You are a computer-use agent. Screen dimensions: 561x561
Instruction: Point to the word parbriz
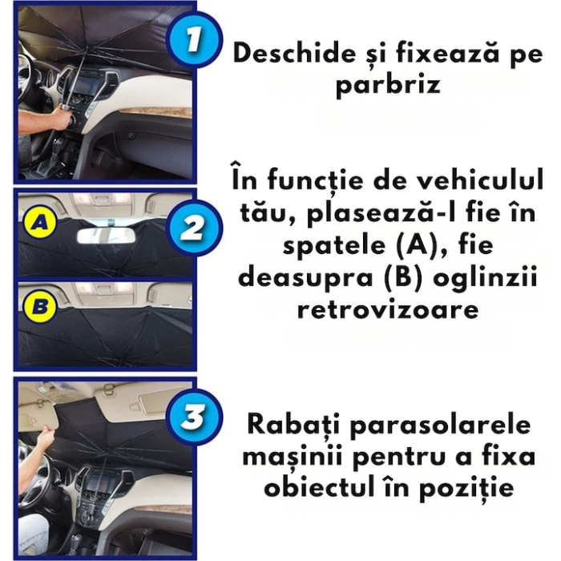pyautogui.click(x=388, y=84)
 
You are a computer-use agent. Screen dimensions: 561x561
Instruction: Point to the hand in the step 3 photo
pyautogui.click(x=41, y=438)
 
